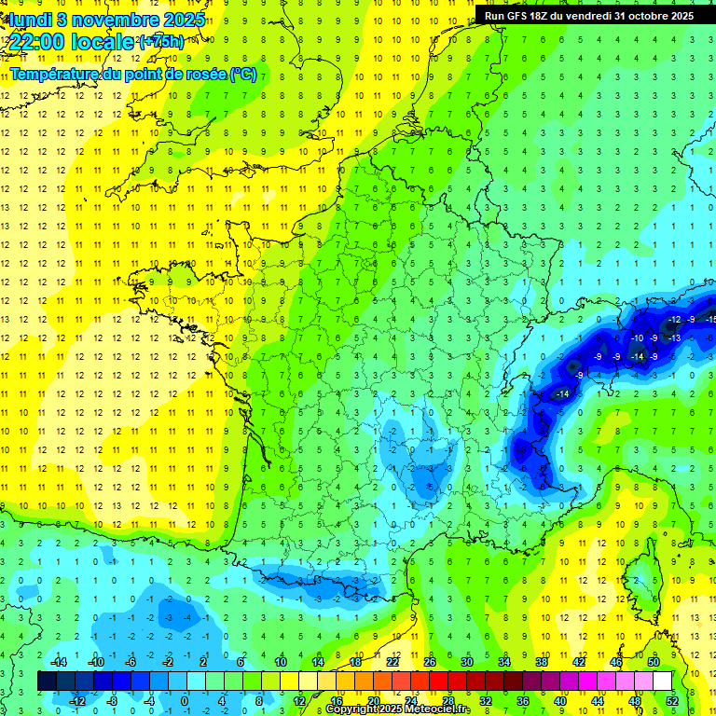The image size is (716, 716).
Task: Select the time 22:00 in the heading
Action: tap(38, 42)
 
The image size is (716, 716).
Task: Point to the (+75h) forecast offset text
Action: tap(161, 42)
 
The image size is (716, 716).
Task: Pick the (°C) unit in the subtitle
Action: tap(243, 74)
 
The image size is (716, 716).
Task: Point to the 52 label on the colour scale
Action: tap(672, 701)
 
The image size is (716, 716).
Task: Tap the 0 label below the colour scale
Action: tap(185, 701)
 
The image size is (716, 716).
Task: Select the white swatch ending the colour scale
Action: tap(662, 681)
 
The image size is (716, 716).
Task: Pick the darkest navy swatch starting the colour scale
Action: tap(47, 681)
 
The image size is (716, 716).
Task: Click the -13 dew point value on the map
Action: tap(674, 337)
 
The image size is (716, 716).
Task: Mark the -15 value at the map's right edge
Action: tap(710, 320)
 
